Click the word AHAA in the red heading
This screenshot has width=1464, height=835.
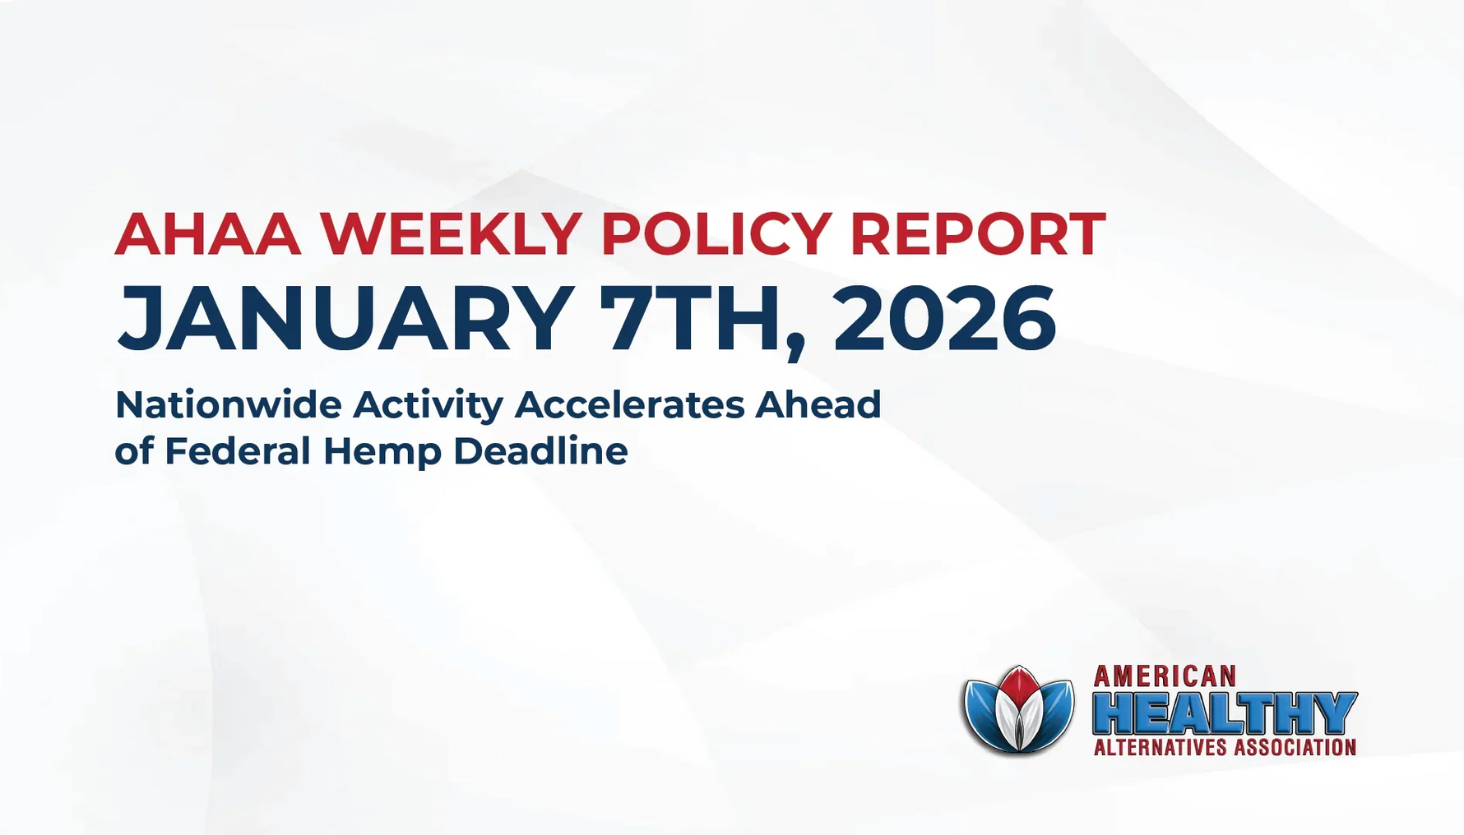(x=208, y=234)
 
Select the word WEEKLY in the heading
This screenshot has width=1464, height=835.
(x=452, y=234)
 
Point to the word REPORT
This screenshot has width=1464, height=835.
(x=977, y=234)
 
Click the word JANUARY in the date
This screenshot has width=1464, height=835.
(x=345, y=318)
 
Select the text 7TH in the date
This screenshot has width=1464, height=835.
(x=689, y=318)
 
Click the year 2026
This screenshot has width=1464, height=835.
(x=944, y=318)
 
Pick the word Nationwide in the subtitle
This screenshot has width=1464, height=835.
(x=228, y=404)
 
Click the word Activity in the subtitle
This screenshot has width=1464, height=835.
(x=428, y=406)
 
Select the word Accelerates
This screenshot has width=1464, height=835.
(x=629, y=404)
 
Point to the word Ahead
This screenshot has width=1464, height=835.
(x=818, y=404)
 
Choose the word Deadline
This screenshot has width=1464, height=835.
(x=540, y=450)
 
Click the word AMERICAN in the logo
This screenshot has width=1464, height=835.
(x=1165, y=676)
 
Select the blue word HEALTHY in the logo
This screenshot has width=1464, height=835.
(x=1224, y=713)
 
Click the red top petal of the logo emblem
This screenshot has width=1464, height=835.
(x=1019, y=685)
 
